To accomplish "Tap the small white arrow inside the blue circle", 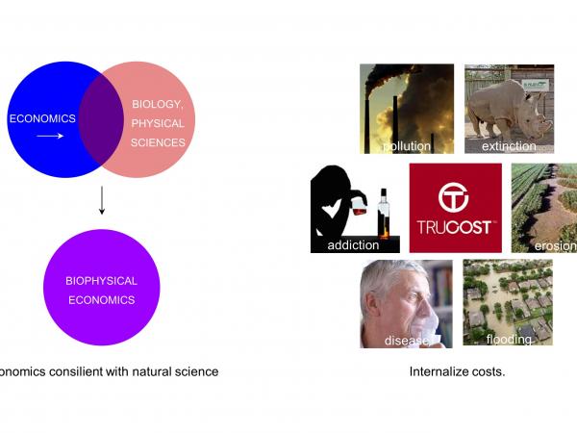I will pos(51,137).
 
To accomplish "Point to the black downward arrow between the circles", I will pos(101,201).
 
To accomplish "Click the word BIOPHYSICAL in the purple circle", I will pos(101,281).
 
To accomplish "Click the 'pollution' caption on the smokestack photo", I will pos(407,146).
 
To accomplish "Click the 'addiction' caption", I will pos(353,245).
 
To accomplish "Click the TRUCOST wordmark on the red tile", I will pos(455,227).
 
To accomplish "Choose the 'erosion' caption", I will pos(554,245).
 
